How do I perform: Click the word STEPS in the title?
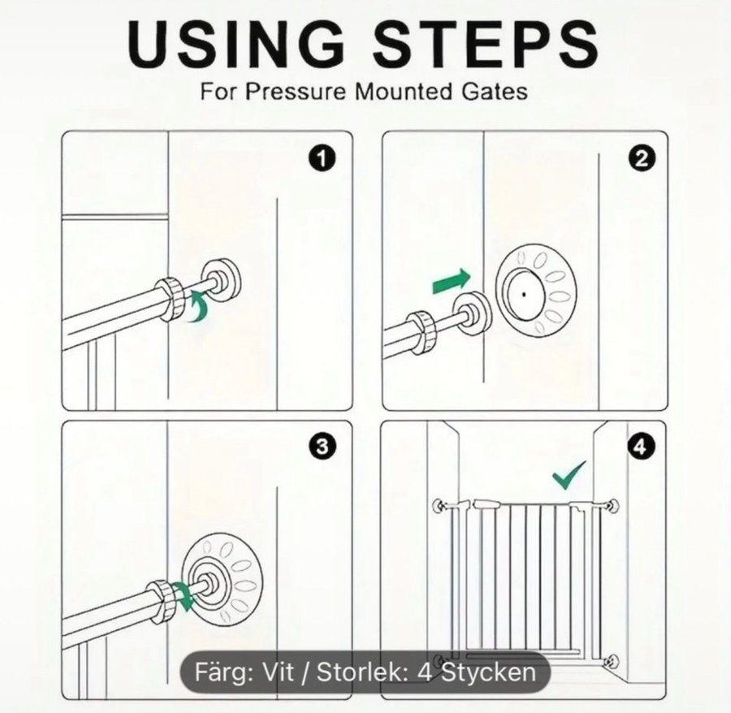pyautogui.click(x=486, y=45)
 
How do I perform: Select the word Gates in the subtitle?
pyautogui.click(x=495, y=91)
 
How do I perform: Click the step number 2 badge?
pyautogui.click(x=642, y=160)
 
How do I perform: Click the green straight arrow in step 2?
pyautogui.click(x=452, y=281)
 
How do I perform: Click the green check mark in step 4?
pyautogui.click(x=569, y=475)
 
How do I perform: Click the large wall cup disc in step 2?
pyautogui.click(x=535, y=294)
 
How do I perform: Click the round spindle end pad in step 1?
pyautogui.click(x=222, y=283)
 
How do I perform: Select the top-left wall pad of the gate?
pyautogui.click(x=439, y=505)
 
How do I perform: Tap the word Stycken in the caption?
pyautogui.click(x=488, y=672)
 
